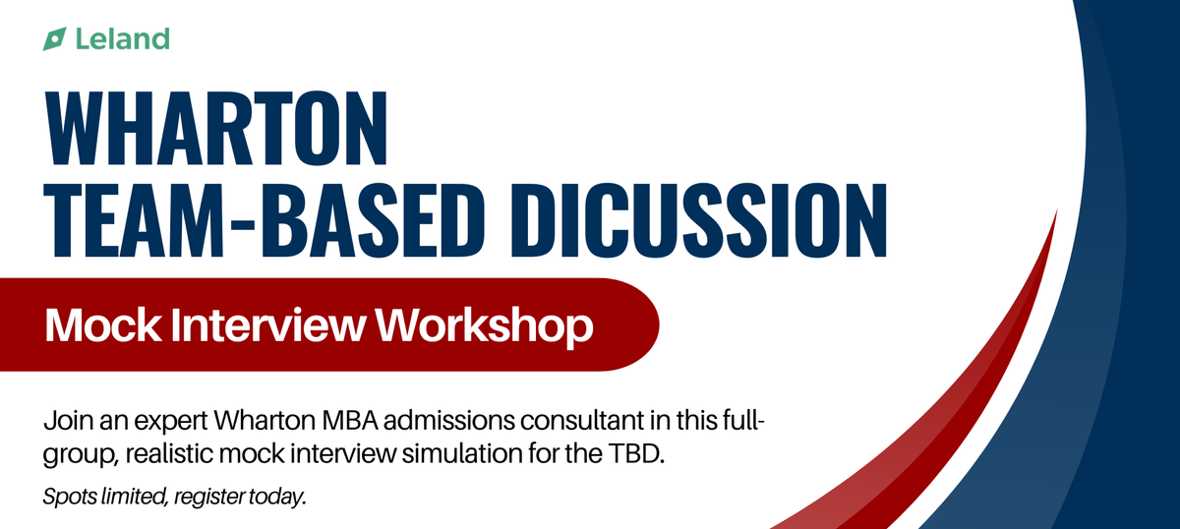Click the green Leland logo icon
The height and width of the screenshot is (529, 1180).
(x=54, y=39)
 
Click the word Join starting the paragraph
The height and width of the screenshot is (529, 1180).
(x=64, y=425)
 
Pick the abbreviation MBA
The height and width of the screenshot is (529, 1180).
(x=351, y=425)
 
